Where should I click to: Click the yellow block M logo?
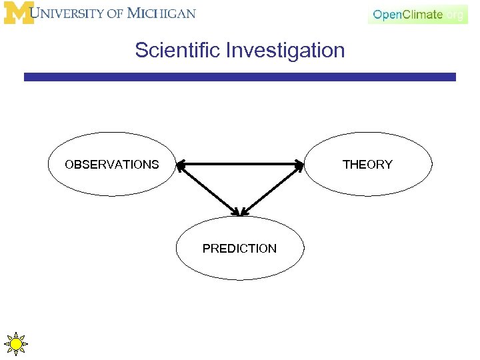pyautogui.click(x=19, y=13)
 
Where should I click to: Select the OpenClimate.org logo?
pyautogui.click(x=418, y=15)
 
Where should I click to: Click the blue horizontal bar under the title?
pyautogui.click(x=240, y=77)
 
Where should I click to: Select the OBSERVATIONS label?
pyautogui.click(x=111, y=165)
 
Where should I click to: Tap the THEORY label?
pyautogui.click(x=367, y=165)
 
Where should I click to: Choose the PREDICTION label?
pyautogui.click(x=239, y=249)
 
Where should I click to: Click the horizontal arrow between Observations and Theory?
pyautogui.click(x=240, y=164)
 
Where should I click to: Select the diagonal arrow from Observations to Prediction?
pyautogui.click(x=207, y=189)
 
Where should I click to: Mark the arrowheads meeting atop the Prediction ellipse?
pyautogui.click(x=239, y=213)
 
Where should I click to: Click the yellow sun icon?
pyautogui.click(x=16, y=344)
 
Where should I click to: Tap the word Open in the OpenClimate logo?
pyautogui.click(x=387, y=15)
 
